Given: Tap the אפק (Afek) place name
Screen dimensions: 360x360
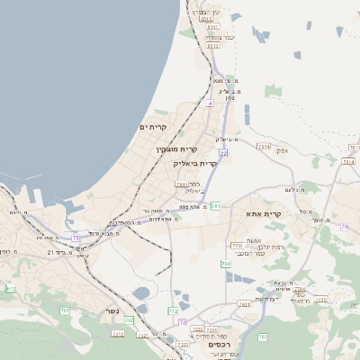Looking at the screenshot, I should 283,151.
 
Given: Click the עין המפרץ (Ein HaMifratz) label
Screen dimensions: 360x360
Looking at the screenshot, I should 204,10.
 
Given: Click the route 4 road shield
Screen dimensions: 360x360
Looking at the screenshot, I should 209,104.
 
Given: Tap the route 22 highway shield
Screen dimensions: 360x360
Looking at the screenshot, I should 222,153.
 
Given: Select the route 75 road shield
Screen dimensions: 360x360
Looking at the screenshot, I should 76,238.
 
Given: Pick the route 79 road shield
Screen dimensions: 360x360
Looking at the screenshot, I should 344,227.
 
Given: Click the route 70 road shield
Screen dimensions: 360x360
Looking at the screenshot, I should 182,322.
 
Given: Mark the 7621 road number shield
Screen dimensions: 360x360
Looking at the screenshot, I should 245,305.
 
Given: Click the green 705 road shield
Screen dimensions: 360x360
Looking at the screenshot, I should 65,310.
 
